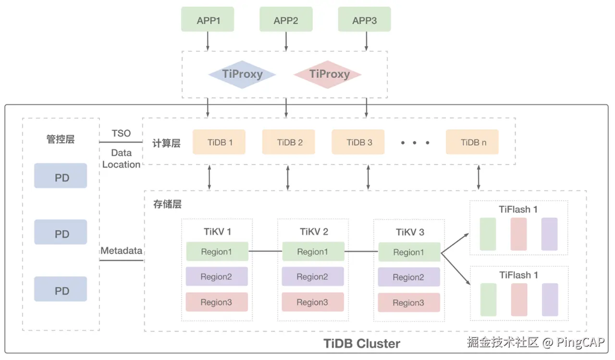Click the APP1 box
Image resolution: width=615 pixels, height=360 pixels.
208,20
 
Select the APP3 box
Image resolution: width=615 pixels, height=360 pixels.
364,20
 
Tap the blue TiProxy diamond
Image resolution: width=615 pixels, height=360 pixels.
242,74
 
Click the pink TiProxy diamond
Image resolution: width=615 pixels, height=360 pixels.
328,74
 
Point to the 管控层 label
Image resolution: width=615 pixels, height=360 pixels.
61,140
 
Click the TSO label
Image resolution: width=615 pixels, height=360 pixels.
121,133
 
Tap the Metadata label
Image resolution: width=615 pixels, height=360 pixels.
121,251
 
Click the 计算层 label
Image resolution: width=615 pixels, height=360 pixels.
166,143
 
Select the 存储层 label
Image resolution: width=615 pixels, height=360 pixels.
167,204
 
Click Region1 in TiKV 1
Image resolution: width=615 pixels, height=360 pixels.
217,252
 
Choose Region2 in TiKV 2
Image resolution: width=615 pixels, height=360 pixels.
312,277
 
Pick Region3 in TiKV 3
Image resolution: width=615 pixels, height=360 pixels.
409,303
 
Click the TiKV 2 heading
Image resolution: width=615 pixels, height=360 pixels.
314,232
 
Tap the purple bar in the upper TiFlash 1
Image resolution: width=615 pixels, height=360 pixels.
549,234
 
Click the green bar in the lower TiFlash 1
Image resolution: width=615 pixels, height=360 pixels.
488,299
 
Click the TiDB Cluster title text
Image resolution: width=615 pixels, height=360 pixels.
362,344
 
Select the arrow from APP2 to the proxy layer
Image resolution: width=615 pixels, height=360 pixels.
286,41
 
